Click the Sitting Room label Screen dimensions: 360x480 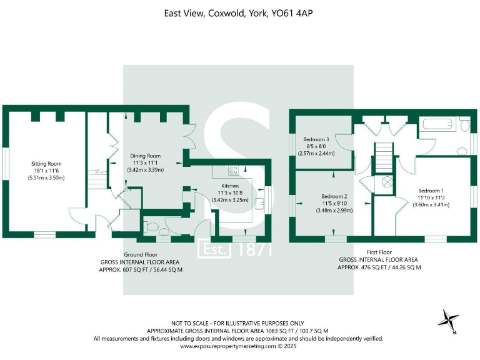click(x=46, y=164)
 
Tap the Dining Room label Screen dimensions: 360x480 click(x=145, y=156)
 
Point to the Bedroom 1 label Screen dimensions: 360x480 click(x=431, y=190)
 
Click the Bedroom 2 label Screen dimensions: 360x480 click(x=334, y=196)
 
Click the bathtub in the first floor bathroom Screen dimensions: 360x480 click(x=437, y=127)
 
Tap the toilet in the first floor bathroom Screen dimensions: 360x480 click(x=463, y=127)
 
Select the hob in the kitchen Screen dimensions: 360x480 click(x=234, y=169)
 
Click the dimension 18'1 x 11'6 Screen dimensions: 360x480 click(x=46, y=171)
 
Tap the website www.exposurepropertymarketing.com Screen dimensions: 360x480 click(x=227, y=346)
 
